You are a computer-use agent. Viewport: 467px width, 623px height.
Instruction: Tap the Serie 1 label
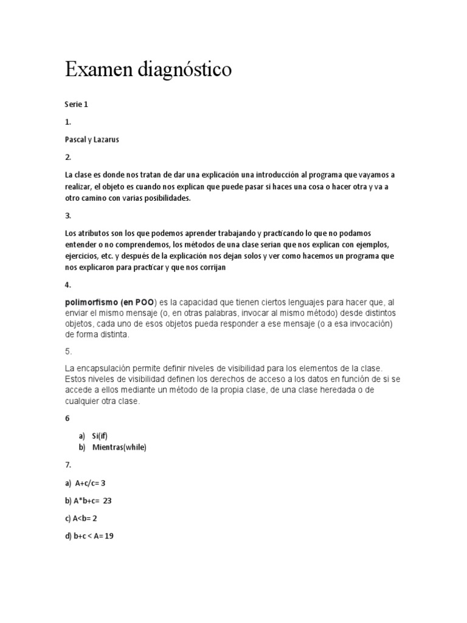pos(77,104)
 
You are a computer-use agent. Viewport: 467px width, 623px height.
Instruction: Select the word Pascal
pos(76,139)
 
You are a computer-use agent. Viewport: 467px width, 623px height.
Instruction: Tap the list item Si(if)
pos(100,436)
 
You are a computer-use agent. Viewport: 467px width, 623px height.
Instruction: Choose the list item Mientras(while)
pos(119,447)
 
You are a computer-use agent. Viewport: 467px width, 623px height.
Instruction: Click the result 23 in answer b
pos(108,501)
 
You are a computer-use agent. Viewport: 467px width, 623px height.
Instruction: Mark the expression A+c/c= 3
pos(91,483)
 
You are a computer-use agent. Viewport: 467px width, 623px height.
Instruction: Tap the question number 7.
pos(67,465)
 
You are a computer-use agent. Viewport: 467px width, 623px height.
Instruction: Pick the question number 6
pos(67,419)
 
